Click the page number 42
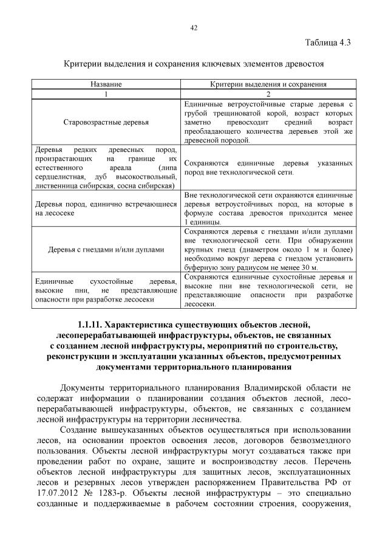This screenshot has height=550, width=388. coord(194,27)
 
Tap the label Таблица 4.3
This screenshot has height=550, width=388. coord(328,42)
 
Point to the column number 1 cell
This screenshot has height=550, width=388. coord(106,94)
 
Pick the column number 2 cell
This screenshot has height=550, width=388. coord(268,94)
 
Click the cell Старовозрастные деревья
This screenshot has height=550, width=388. coord(106,122)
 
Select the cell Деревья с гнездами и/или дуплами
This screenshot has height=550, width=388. coord(106,249)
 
